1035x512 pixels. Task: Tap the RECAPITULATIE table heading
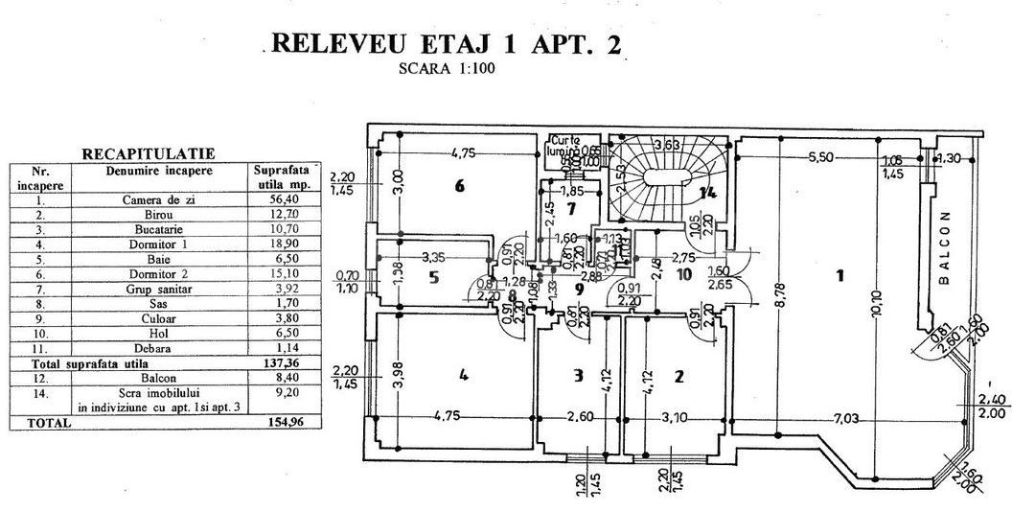coord(149,153)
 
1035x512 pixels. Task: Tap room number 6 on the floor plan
coord(460,186)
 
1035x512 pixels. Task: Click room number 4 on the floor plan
coord(464,375)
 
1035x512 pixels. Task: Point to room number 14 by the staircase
coord(707,194)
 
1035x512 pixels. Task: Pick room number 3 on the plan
coord(577,376)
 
